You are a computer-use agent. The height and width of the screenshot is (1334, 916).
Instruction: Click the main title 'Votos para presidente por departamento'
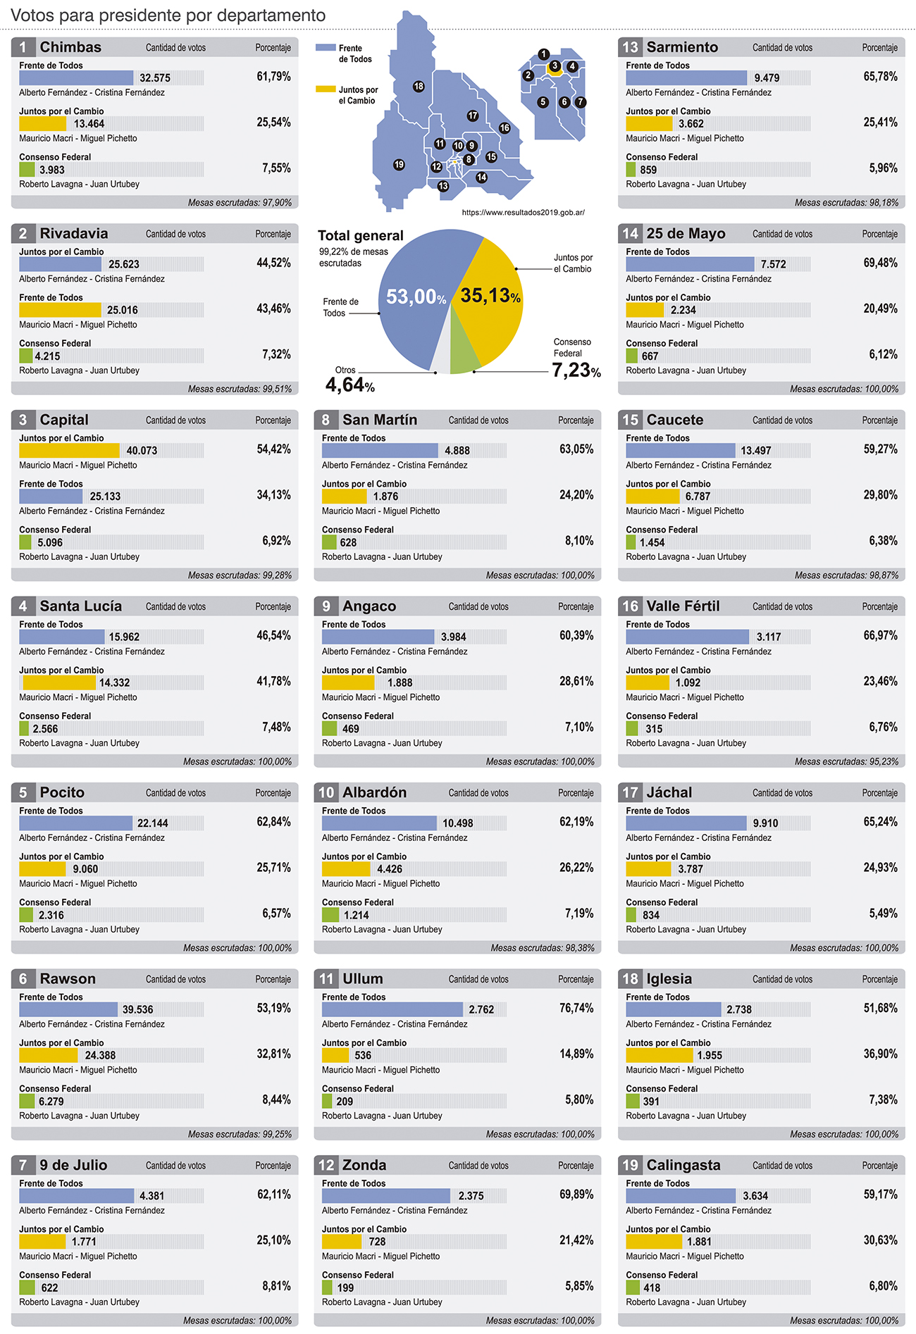168,15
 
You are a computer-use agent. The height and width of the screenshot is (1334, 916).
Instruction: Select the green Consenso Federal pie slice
463,349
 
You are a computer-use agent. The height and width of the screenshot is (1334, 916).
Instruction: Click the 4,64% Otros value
349,385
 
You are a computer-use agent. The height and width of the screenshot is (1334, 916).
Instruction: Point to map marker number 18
419,87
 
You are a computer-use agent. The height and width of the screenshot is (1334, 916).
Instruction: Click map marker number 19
399,165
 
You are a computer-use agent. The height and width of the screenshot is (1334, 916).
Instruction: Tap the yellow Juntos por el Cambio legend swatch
326,89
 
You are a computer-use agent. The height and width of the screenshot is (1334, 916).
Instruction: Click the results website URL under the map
523,212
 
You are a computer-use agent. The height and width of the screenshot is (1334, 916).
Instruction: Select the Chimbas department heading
70,47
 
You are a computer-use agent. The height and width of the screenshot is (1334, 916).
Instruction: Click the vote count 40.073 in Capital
142,451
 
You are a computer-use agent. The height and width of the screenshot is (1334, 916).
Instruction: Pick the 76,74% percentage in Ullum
576,1009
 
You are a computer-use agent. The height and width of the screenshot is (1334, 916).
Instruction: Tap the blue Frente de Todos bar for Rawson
68,1009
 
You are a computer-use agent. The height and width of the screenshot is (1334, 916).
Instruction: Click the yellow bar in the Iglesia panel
659,1055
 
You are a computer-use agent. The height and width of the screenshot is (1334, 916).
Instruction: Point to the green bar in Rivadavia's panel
26,356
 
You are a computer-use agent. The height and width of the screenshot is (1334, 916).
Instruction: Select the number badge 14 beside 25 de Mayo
630,234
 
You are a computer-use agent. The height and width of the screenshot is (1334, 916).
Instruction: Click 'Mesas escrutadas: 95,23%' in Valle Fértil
846,761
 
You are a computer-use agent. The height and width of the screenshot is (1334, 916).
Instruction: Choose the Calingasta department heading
683,1166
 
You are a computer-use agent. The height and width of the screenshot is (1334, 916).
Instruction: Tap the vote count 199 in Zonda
345,1288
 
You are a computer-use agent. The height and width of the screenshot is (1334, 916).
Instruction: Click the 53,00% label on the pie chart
416,297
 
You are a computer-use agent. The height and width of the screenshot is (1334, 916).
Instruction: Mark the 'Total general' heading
360,236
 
